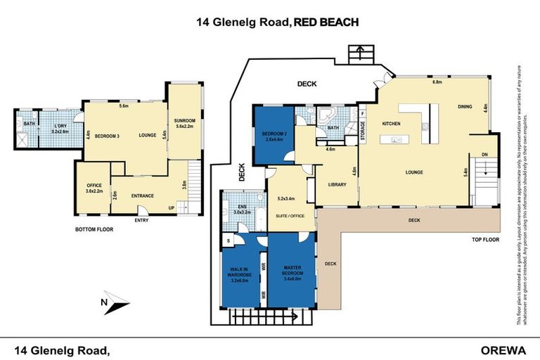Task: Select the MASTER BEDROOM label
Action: (x=292, y=272)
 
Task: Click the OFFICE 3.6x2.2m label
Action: (x=94, y=188)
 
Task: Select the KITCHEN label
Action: (x=391, y=123)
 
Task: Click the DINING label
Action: (x=465, y=107)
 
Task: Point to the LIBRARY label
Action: (x=339, y=184)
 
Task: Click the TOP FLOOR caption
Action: (x=485, y=240)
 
